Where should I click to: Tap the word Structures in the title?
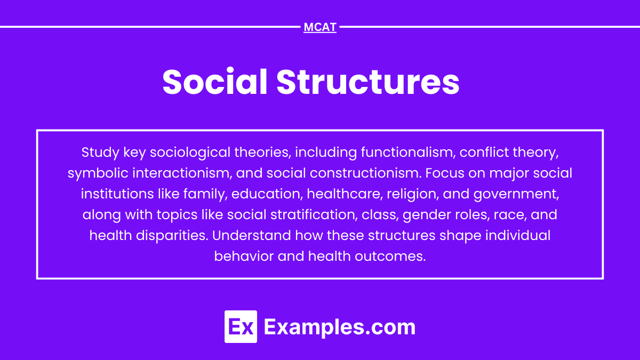point(367,82)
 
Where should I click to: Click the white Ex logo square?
point(241,326)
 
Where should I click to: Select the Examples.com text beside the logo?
point(339,326)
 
